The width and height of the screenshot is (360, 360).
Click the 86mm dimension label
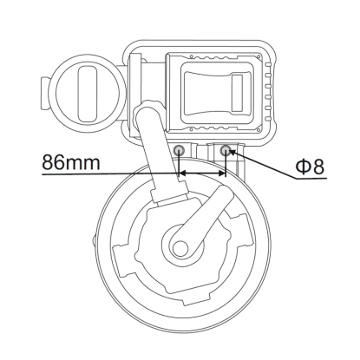(x=71, y=162)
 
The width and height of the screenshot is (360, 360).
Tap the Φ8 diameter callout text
(x=310, y=167)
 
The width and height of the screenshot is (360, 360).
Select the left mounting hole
(x=179, y=150)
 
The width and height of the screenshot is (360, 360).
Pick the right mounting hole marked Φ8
(x=226, y=150)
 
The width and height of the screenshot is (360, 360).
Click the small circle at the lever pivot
(x=180, y=248)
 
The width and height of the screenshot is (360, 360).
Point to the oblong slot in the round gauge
(x=88, y=94)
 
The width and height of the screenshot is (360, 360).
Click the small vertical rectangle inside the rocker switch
(x=237, y=93)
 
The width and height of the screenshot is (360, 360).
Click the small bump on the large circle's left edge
(x=94, y=241)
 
